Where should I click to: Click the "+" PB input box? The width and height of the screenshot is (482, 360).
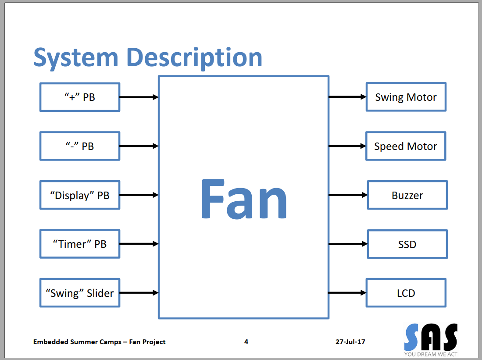coord(79,97)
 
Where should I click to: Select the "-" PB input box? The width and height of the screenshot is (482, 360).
coord(79,146)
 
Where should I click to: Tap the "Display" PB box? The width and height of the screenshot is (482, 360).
coord(79,195)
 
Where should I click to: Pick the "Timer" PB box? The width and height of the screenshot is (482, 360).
coord(79,244)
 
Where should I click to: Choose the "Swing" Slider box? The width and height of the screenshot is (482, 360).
coord(79,293)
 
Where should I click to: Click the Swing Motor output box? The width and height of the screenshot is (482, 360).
coord(406,97)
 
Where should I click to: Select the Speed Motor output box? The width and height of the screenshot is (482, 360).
coord(406,146)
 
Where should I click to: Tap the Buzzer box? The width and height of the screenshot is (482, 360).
coord(407,195)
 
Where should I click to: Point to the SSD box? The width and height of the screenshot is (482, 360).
coord(407,244)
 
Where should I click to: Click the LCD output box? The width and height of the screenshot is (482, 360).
coord(406,293)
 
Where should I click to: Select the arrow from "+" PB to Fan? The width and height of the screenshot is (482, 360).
coord(139,97)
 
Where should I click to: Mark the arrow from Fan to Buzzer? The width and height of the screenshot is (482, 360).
coord(348,195)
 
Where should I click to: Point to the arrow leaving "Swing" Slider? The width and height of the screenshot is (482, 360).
coord(139,293)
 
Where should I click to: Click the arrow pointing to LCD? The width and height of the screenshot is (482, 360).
coord(347,293)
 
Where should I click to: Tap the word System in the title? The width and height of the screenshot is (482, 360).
coord(76,57)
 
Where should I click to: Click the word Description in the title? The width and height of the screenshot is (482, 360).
coord(194,57)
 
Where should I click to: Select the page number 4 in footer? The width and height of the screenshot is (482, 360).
coord(246,342)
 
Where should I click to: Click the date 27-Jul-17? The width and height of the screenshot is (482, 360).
coord(350,342)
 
